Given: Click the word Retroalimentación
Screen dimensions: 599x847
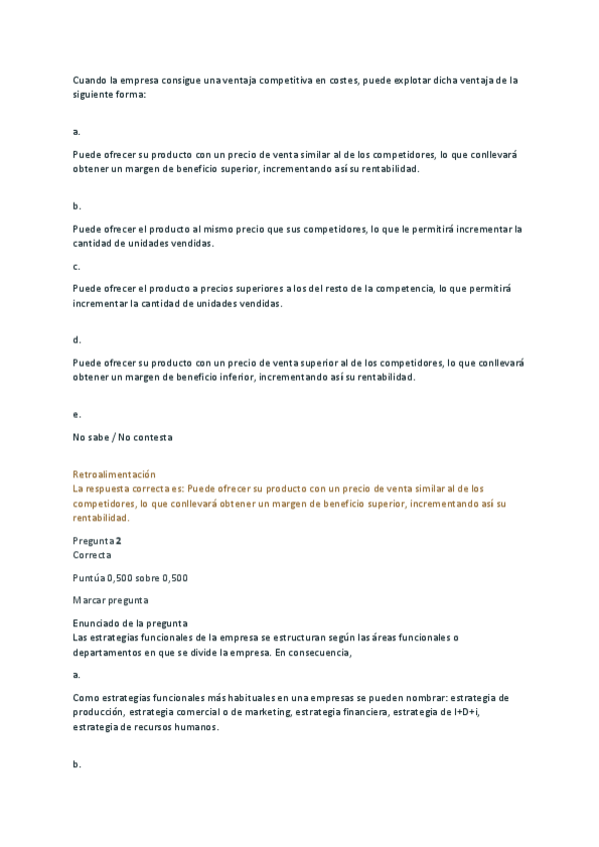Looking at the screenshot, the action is click(114, 473).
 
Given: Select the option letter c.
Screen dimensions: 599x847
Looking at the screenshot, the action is click(76, 268).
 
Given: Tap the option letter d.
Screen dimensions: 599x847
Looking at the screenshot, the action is click(76, 340).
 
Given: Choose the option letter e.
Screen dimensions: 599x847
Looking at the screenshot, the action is click(76, 414).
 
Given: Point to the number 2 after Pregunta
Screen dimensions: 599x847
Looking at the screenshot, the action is click(119, 540).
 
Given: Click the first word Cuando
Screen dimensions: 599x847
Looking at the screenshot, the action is click(91, 79).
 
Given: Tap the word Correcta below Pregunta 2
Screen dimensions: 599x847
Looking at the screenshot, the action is click(92, 554).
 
